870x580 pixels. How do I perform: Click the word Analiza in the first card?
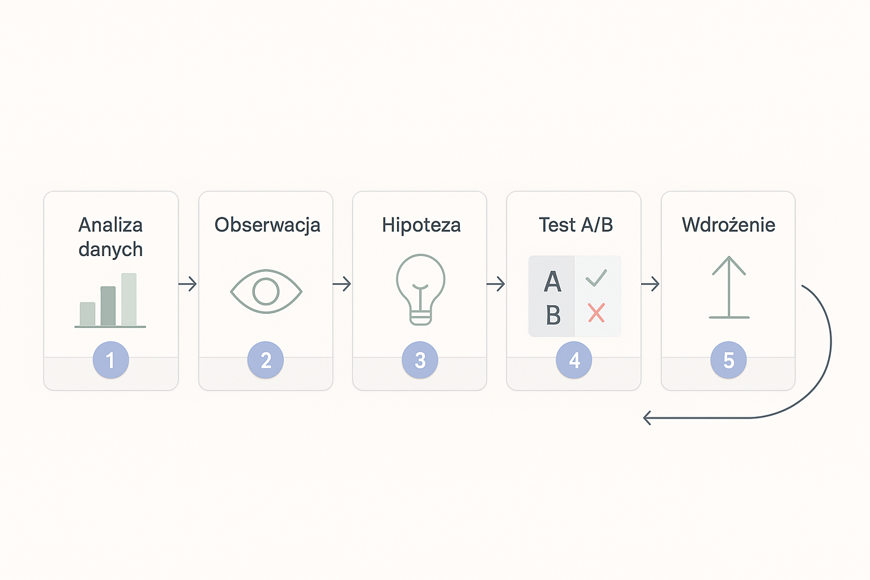(x=110, y=225)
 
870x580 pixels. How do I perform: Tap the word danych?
(x=110, y=249)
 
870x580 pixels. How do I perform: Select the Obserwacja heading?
(x=267, y=225)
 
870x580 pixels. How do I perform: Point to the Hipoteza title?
(x=421, y=225)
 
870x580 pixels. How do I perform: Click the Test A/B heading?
(x=575, y=225)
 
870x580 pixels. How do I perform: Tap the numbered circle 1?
(x=110, y=360)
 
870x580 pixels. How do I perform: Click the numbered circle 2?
(x=266, y=360)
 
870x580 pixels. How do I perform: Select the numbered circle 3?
(x=420, y=360)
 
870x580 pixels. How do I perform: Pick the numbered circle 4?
(x=574, y=360)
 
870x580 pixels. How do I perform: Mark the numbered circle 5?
(x=728, y=360)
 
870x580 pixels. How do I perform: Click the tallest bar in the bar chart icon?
(x=129, y=299)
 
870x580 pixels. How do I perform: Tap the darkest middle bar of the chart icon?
(x=108, y=306)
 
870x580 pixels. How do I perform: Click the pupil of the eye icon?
(x=266, y=291)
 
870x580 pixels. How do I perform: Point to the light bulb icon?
(x=421, y=289)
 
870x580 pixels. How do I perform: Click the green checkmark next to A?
(x=596, y=278)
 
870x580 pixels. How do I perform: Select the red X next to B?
(x=596, y=313)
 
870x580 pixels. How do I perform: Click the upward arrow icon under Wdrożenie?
(x=729, y=287)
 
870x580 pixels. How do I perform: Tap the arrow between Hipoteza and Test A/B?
(x=496, y=284)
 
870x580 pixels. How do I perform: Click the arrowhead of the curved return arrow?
(x=647, y=418)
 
